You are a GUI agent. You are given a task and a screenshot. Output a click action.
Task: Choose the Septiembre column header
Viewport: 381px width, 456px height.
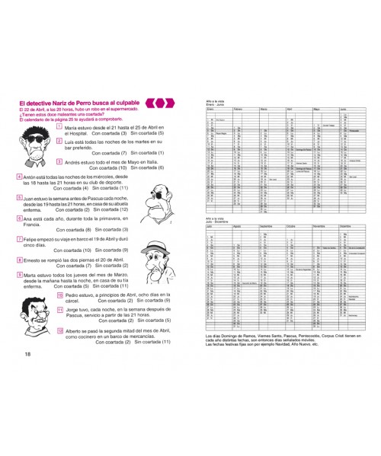[x=271, y=226]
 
